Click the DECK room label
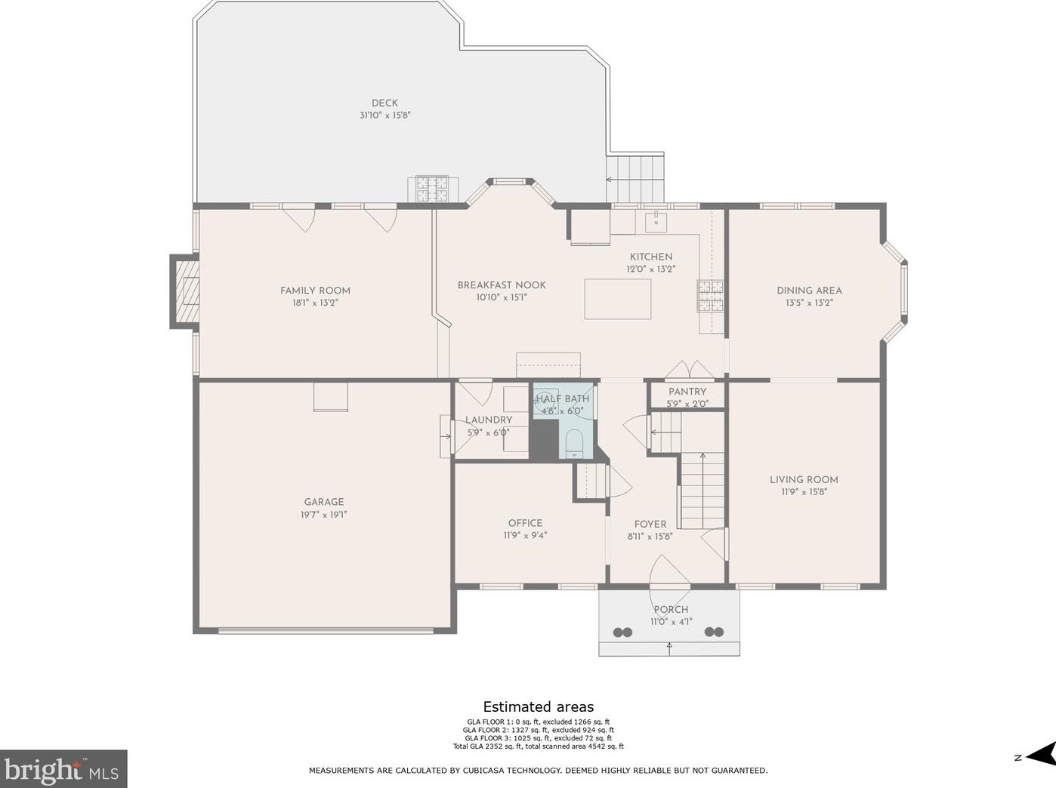click(x=385, y=103)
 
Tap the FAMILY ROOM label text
click(x=315, y=291)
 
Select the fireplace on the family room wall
click(x=185, y=291)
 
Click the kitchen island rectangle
click(x=618, y=299)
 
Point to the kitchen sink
click(x=656, y=222)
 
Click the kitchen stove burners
click(x=711, y=296)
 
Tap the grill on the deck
click(x=433, y=189)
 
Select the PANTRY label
click(x=687, y=392)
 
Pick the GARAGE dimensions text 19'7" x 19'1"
click(x=324, y=515)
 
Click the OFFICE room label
click(x=525, y=523)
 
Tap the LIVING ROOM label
click(x=804, y=479)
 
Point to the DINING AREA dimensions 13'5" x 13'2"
click(x=809, y=303)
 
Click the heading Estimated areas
click(x=539, y=706)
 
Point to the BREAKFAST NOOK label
click(x=502, y=285)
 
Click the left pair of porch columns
click(x=622, y=632)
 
